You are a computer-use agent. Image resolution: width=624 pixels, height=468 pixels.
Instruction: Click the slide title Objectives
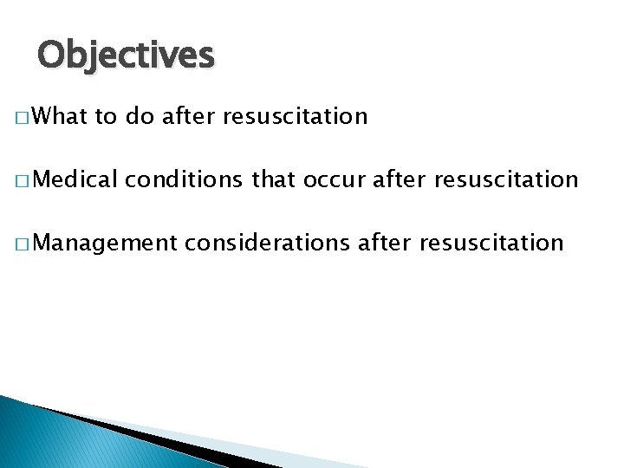pos(125,55)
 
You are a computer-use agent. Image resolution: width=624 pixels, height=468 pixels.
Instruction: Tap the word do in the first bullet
pos(140,116)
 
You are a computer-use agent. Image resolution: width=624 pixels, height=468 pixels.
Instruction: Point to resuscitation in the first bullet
pos(296,116)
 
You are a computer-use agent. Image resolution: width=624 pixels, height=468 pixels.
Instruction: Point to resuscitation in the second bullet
pos(505,179)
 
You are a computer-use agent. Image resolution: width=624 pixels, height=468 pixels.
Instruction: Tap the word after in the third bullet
pos(384,243)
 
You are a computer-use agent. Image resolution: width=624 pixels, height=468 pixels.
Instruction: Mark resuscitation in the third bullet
pos(491,243)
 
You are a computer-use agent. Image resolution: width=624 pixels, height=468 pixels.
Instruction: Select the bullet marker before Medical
pos(20,181)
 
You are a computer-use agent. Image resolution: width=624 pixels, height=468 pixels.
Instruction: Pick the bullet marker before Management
pos(20,244)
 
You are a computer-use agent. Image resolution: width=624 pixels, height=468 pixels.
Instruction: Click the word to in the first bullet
pos(106,116)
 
